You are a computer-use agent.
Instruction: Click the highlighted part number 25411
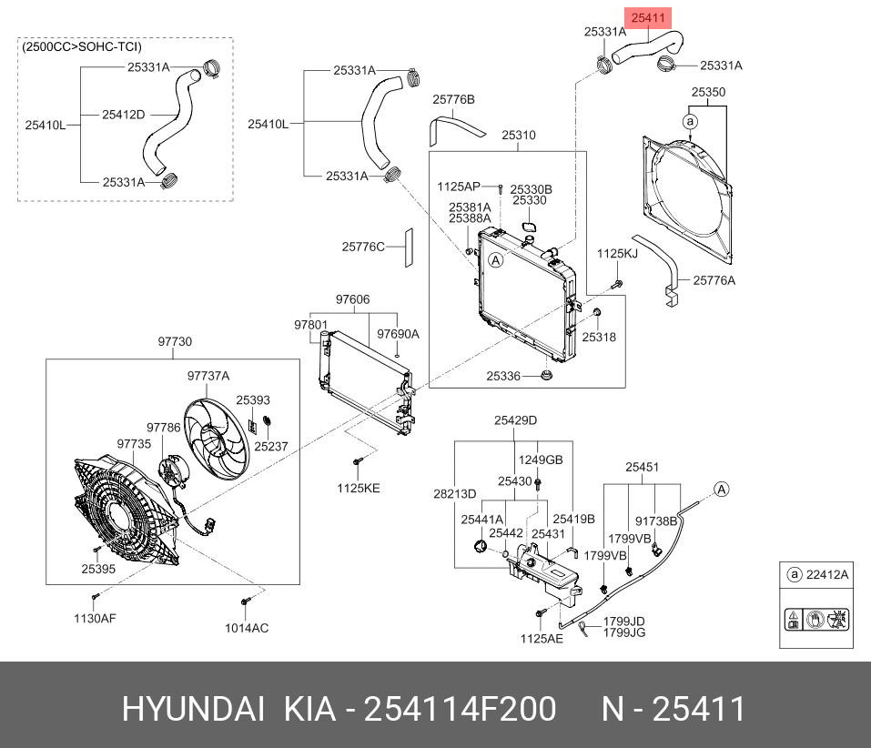click(650, 17)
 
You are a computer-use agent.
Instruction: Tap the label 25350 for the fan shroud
click(707, 93)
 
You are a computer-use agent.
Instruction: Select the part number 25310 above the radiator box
click(519, 136)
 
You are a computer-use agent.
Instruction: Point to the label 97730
click(175, 341)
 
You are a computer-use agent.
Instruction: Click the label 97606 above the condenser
click(352, 299)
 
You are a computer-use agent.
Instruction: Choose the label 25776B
click(453, 99)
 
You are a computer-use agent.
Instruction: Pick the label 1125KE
click(359, 488)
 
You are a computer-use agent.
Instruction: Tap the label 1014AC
click(247, 627)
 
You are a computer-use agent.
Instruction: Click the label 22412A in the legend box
click(828, 574)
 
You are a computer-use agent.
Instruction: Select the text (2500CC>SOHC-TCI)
click(82, 46)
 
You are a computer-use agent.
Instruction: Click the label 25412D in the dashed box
click(123, 115)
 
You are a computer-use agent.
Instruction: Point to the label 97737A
click(208, 376)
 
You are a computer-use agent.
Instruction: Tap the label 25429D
click(516, 420)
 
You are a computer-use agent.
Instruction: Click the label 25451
click(642, 468)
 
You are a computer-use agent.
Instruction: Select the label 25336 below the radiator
click(502, 375)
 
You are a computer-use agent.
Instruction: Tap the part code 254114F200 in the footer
click(460, 709)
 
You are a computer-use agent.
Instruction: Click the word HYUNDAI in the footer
click(194, 709)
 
